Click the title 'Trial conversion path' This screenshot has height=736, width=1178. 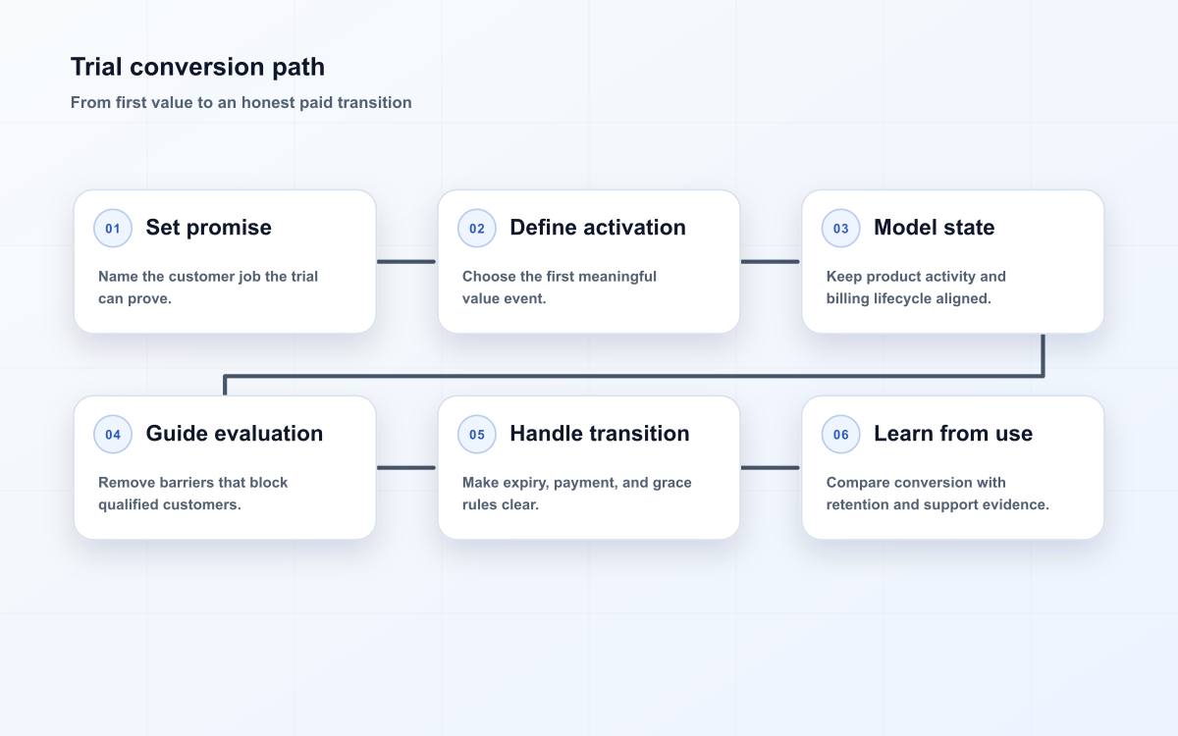pyautogui.click(x=197, y=68)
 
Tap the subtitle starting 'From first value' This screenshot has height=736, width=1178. pyautogui.click(x=241, y=102)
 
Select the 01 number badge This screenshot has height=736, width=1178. pyautogui.click(x=113, y=228)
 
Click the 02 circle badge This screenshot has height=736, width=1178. pyautogui.click(x=476, y=228)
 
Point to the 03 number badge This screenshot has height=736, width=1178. pyautogui.click(x=840, y=228)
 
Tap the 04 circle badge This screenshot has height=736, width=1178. pyautogui.click(x=113, y=434)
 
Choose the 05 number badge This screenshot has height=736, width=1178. pyautogui.click(x=476, y=434)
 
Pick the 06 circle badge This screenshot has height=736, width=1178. pyautogui.click(x=840, y=434)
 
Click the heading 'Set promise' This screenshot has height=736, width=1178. pyautogui.click(x=209, y=228)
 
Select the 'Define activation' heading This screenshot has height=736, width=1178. pyautogui.click(x=598, y=228)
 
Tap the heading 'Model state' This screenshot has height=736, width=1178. pyautogui.click(x=934, y=228)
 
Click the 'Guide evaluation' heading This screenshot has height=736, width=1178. pyautogui.click(x=234, y=434)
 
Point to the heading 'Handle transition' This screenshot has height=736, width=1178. pyautogui.click(x=600, y=434)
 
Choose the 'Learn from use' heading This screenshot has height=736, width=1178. pyautogui.click(x=953, y=434)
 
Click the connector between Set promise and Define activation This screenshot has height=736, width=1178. pyautogui.click(x=406, y=261)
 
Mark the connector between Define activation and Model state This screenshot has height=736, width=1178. pyautogui.click(x=770, y=261)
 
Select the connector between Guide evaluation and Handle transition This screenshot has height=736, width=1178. pyautogui.click(x=406, y=467)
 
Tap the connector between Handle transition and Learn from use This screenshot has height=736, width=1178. pyautogui.click(x=770, y=467)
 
